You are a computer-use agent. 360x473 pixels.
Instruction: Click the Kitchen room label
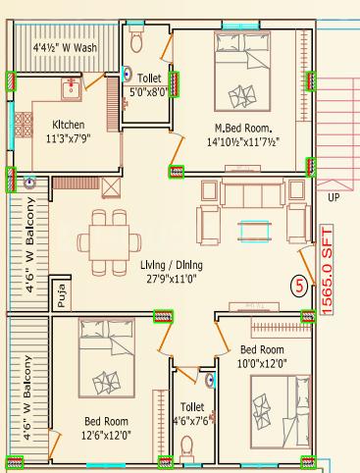pyautogui.click(x=69, y=125)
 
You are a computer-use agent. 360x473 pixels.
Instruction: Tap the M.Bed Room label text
pyautogui.click(x=243, y=128)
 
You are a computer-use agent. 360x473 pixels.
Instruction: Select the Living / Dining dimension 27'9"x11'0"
pyautogui.click(x=172, y=279)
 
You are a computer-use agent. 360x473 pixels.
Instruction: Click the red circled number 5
pyautogui.click(x=299, y=287)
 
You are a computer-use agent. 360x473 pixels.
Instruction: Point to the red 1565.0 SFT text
pyautogui.click(x=327, y=270)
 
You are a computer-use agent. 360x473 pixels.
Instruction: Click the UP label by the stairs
pyautogui.click(x=334, y=197)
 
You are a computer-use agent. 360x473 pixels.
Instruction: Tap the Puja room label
pyautogui.click(x=61, y=295)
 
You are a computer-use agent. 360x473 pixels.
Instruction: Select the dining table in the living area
pyautogui.click(x=110, y=242)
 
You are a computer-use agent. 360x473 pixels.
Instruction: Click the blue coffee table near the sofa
pyautogui.click(x=255, y=231)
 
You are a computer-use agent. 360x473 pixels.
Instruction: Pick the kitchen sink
pyautogui.click(x=71, y=88)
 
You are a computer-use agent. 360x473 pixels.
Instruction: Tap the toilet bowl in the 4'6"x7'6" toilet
pyautogui.click(x=187, y=447)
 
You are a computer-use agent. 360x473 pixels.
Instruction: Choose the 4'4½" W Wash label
pyautogui.click(x=65, y=48)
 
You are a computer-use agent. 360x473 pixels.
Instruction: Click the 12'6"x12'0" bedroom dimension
pyautogui.click(x=106, y=436)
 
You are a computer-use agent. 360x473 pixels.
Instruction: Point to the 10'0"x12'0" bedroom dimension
pyautogui.click(x=262, y=363)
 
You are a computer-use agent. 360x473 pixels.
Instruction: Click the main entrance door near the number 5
pyautogui.click(x=307, y=266)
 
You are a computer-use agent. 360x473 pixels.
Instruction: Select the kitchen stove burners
pyautogui.click(x=23, y=125)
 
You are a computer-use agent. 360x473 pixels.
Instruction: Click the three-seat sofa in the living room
pyautogui.click(x=252, y=193)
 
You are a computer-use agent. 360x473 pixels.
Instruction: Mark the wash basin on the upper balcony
pyautogui.click(x=29, y=183)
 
